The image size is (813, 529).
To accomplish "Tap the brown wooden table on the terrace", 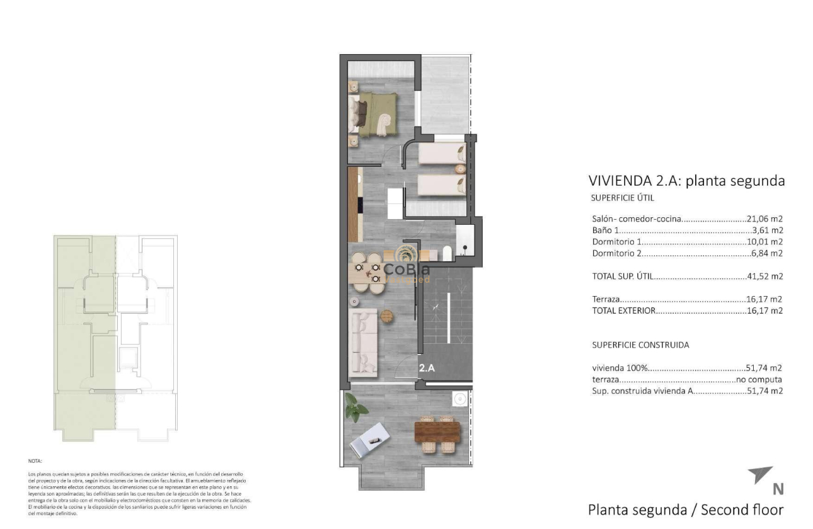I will [437, 432].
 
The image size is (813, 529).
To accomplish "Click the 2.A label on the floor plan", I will [427, 368].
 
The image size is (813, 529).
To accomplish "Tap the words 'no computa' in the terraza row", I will [759, 380].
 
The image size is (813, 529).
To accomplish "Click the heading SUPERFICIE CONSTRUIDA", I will [640, 345].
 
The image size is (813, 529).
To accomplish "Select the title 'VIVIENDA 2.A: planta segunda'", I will [686, 181].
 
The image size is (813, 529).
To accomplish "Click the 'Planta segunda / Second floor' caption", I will [685, 509].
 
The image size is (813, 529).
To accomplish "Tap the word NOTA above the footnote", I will [35, 461].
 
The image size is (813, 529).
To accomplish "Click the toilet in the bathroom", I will [447, 253].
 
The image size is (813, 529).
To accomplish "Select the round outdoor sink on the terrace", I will [459, 398].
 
